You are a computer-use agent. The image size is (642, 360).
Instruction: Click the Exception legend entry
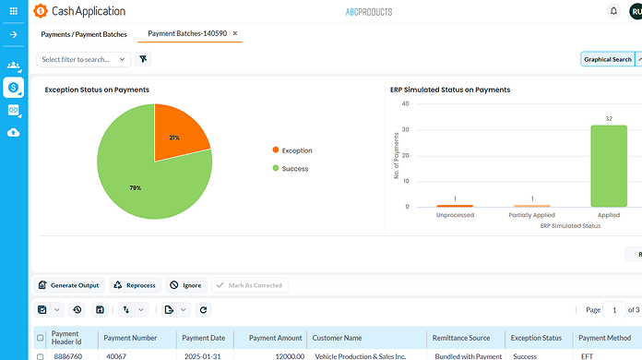tap(297, 150)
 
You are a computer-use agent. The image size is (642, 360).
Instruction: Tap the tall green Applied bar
tap(609, 166)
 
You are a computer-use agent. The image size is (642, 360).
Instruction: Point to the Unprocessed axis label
tap(454, 216)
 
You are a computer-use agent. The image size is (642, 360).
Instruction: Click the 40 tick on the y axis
tap(405, 104)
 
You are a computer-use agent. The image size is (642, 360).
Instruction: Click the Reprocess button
tap(135, 286)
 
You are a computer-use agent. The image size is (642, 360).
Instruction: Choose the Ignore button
tap(185, 286)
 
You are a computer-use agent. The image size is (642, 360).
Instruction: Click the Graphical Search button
tap(608, 59)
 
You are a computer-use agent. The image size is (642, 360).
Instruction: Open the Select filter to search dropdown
tap(84, 59)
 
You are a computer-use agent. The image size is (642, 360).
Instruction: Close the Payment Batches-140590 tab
tap(235, 33)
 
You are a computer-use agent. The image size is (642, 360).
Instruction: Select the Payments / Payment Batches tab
tap(83, 33)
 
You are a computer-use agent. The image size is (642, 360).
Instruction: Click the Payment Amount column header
tap(276, 338)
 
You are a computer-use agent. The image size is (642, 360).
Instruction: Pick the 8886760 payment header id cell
tap(67, 355)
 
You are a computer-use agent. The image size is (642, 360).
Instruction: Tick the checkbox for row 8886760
tap(40, 355)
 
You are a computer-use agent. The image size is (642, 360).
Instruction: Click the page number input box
tap(616, 310)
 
